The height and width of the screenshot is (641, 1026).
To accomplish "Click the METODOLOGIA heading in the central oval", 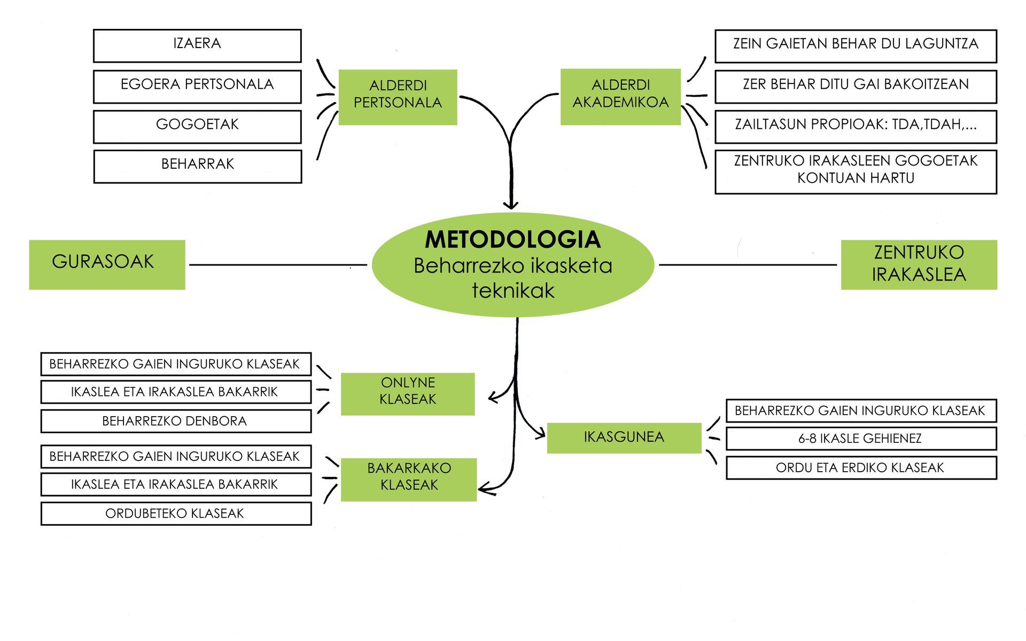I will point(512,240).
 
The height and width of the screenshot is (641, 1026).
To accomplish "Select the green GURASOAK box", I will point(107,264).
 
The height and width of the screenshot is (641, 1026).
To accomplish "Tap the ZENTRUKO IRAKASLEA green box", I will point(919,264).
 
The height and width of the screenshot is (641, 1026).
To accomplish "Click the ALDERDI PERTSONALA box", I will point(398,97).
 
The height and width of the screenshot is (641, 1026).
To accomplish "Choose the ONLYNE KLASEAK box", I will point(408,394).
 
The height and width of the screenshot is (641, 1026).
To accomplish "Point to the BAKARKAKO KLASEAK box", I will point(409,479).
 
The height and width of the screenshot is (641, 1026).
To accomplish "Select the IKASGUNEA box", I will point(624,437).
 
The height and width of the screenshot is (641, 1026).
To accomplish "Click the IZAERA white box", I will point(197,45).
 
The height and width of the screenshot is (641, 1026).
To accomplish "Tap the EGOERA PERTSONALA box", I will point(197,86).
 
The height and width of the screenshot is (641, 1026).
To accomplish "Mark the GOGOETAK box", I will point(197,127).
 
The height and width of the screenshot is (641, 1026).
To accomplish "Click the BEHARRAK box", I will point(197,166).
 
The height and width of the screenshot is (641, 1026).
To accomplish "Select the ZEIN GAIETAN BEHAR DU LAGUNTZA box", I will point(856,45).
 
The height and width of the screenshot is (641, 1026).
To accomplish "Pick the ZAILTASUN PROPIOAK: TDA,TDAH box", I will point(856,127).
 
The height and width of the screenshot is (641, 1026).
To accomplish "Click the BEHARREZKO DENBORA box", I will point(176,421).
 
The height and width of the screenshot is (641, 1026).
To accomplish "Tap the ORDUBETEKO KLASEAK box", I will point(176,513).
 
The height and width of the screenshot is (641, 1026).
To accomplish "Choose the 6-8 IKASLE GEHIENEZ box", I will point(861,439).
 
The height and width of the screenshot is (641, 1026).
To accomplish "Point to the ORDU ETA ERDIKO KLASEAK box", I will point(861,467).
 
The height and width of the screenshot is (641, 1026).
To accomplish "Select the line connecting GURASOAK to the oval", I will point(278,264).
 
